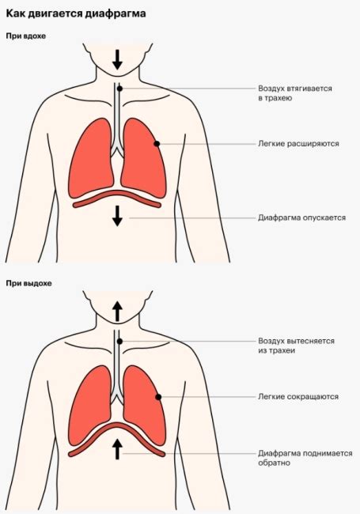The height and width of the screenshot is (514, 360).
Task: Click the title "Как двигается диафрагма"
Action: [76, 14]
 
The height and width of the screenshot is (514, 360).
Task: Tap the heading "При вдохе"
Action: [26, 36]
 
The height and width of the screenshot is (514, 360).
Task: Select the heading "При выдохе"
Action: [28, 283]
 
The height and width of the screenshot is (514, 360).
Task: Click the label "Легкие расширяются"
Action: [298, 144]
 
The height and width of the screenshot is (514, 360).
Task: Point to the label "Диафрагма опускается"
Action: [301, 217]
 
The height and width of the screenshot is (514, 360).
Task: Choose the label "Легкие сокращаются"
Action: [298, 397]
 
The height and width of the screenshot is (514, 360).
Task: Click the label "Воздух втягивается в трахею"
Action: [295, 93]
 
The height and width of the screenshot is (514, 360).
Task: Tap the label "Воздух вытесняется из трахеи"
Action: [297, 346]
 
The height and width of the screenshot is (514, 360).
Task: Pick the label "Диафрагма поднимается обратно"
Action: [305, 458]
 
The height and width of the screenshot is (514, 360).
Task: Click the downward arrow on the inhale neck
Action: [117, 60]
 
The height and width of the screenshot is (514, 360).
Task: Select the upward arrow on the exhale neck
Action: [117, 312]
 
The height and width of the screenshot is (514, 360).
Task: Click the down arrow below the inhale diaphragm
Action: [117, 217]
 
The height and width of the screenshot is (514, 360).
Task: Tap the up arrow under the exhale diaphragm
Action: [117, 449]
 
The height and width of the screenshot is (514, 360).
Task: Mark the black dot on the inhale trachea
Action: [119, 89]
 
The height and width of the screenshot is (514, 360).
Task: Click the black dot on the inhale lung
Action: [157, 144]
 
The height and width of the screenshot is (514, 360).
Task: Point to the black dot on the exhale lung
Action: [158, 397]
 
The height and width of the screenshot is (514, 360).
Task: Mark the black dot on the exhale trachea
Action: [119, 342]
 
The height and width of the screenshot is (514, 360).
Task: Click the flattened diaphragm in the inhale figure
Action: [117, 193]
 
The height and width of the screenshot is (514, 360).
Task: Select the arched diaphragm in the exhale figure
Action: [117, 425]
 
